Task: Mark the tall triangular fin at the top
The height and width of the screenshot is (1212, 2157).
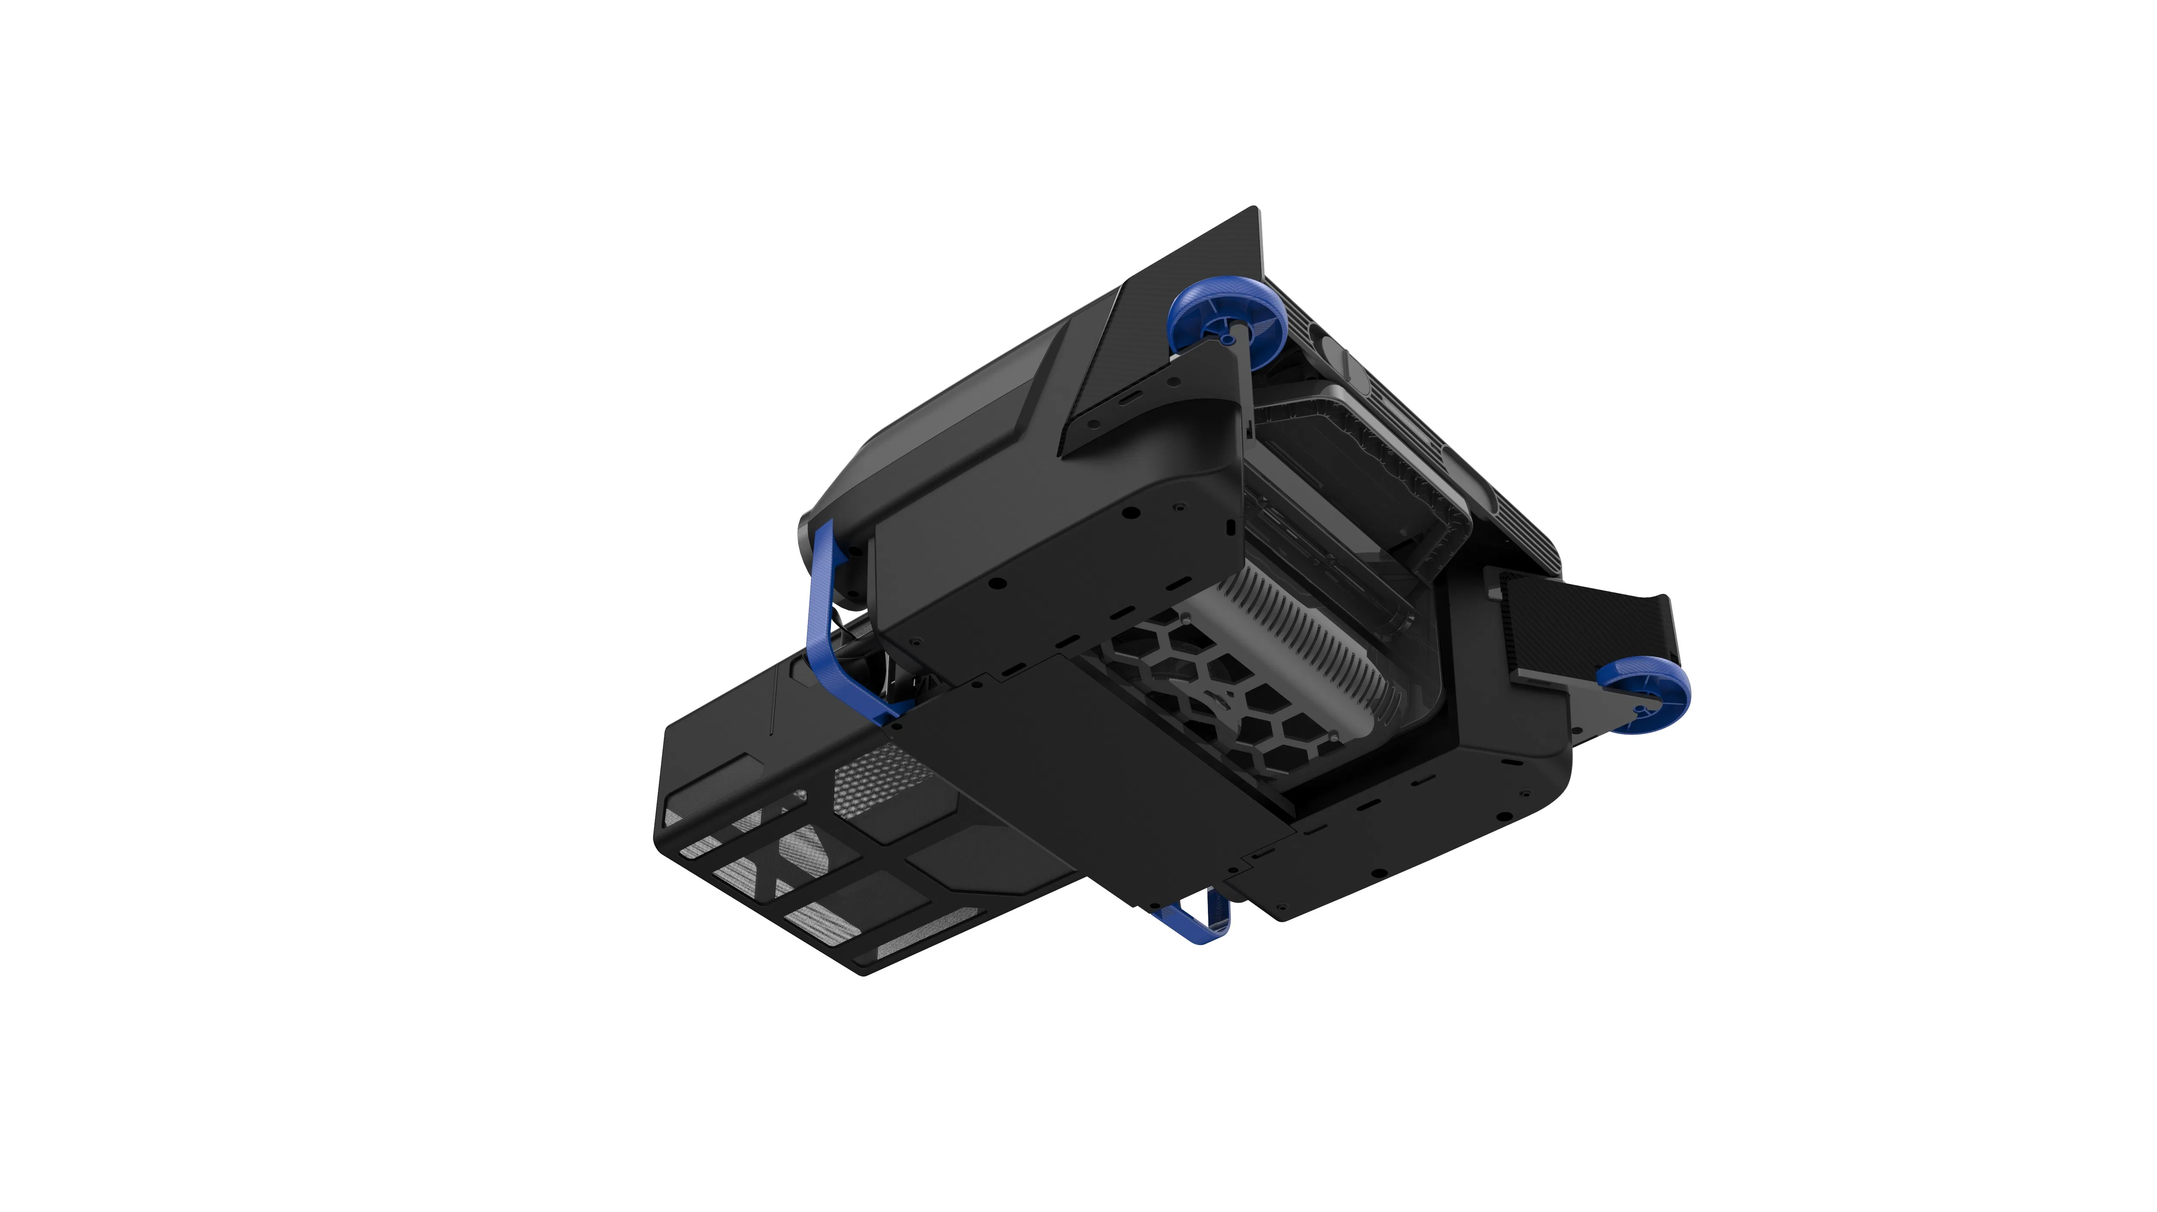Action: point(1206,251)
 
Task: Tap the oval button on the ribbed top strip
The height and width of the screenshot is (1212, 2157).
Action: point(1453,458)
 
